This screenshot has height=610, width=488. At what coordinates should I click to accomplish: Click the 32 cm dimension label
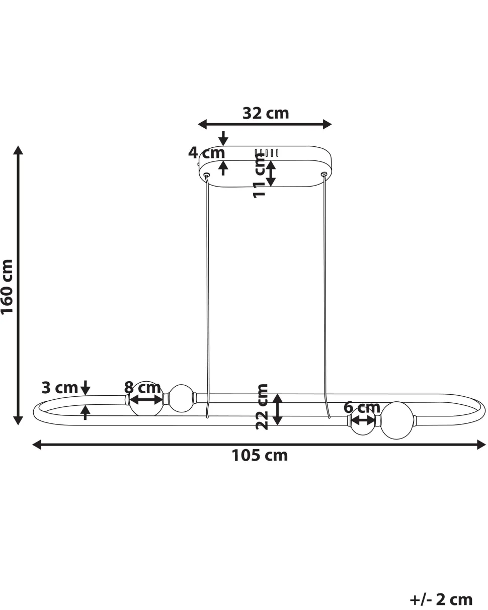[x=266, y=113]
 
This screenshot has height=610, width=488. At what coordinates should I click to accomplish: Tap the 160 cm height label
[x=7, y=287]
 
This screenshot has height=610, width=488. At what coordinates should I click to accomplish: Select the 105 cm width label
[x=260, y=455]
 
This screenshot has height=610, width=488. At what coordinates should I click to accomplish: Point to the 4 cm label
[x=206, y=152]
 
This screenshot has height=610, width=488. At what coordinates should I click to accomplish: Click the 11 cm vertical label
[x=260, y=176]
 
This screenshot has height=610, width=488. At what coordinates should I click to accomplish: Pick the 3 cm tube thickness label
[x=59, y=388]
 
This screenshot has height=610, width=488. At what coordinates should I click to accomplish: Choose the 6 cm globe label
[x=362, y=407]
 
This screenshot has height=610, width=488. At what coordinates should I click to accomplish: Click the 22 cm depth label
[x=262, y=407]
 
